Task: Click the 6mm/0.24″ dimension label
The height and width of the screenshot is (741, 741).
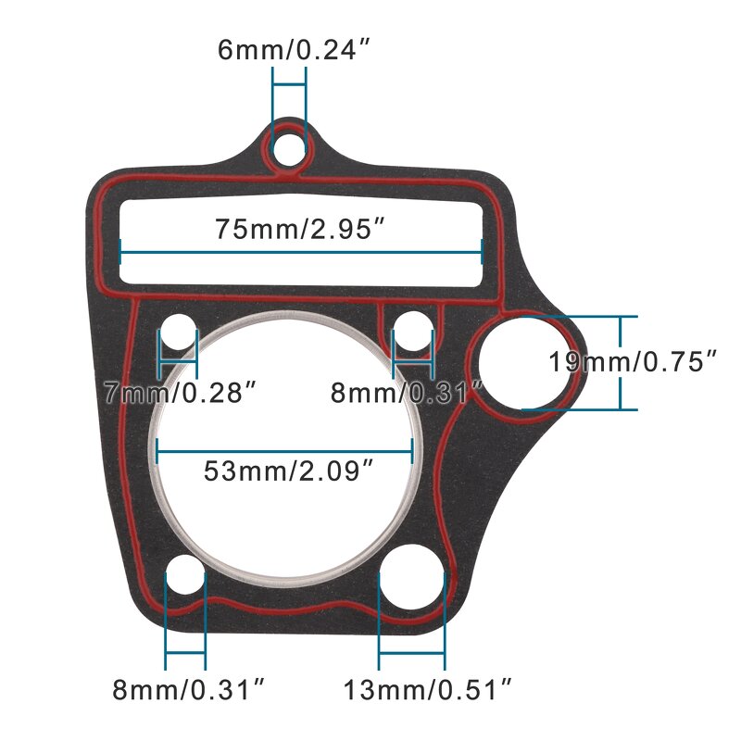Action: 286,48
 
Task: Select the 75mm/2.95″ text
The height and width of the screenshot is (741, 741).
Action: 300,229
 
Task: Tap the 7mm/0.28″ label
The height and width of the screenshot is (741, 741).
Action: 178,394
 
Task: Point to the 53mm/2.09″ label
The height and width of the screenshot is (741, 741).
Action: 288,471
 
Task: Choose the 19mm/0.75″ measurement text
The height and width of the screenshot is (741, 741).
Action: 634,361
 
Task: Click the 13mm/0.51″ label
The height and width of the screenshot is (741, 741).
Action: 428,689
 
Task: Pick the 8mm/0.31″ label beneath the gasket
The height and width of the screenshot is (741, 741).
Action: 190,689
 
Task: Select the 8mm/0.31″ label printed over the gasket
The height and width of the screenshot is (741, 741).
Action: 408,394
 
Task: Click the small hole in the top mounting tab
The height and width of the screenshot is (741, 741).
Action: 288,147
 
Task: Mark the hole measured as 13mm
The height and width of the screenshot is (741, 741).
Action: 412,579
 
